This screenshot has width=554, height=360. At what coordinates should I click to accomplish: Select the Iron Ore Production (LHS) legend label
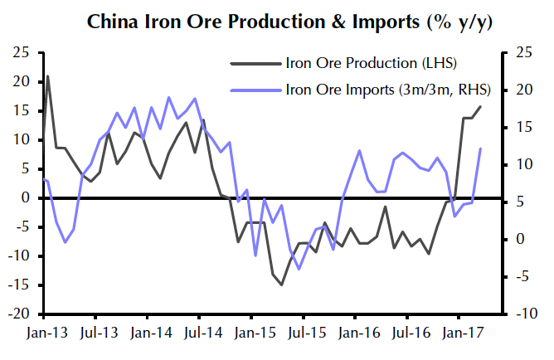[360, 63]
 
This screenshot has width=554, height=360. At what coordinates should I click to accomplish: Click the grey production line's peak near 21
[47, 76]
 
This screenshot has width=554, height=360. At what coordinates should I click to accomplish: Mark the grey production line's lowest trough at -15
[281, 285]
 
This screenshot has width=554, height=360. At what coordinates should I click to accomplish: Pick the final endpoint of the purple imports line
[481, 148]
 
